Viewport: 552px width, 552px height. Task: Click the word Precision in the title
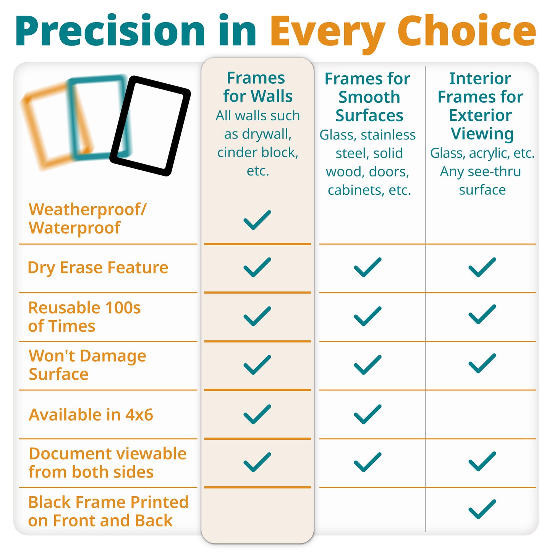(x=110, y=31)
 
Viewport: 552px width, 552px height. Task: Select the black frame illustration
(x=150, y=126)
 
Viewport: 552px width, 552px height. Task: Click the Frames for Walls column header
(x=257, y=87)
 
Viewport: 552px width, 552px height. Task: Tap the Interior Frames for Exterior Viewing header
(x=481, y=106)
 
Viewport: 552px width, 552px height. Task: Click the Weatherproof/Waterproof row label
(x=87, y=219)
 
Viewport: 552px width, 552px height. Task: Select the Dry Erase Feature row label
(x=98, y=267)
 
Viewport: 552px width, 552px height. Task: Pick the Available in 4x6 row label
(x=91, y=414)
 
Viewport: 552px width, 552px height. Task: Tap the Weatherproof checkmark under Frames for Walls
(x=257, y=220)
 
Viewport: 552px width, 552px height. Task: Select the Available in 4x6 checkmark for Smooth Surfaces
(x=367, y=414)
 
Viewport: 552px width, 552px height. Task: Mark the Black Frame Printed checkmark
(x=482, y=509)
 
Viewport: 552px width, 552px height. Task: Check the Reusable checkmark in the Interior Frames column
(x=482, y=314)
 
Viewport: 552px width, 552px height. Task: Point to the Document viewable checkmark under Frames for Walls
(x=257, y=462)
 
